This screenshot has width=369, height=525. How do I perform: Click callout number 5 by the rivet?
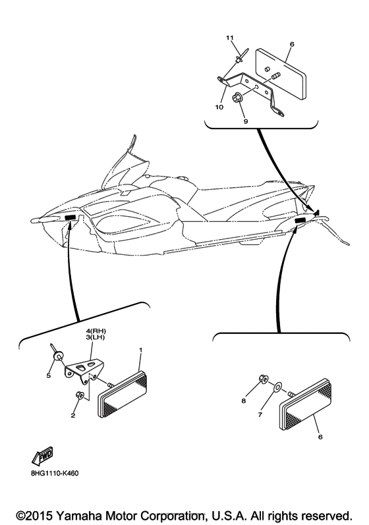(x=47, y=377)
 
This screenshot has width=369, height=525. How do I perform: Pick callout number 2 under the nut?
(x=72, y=415)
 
